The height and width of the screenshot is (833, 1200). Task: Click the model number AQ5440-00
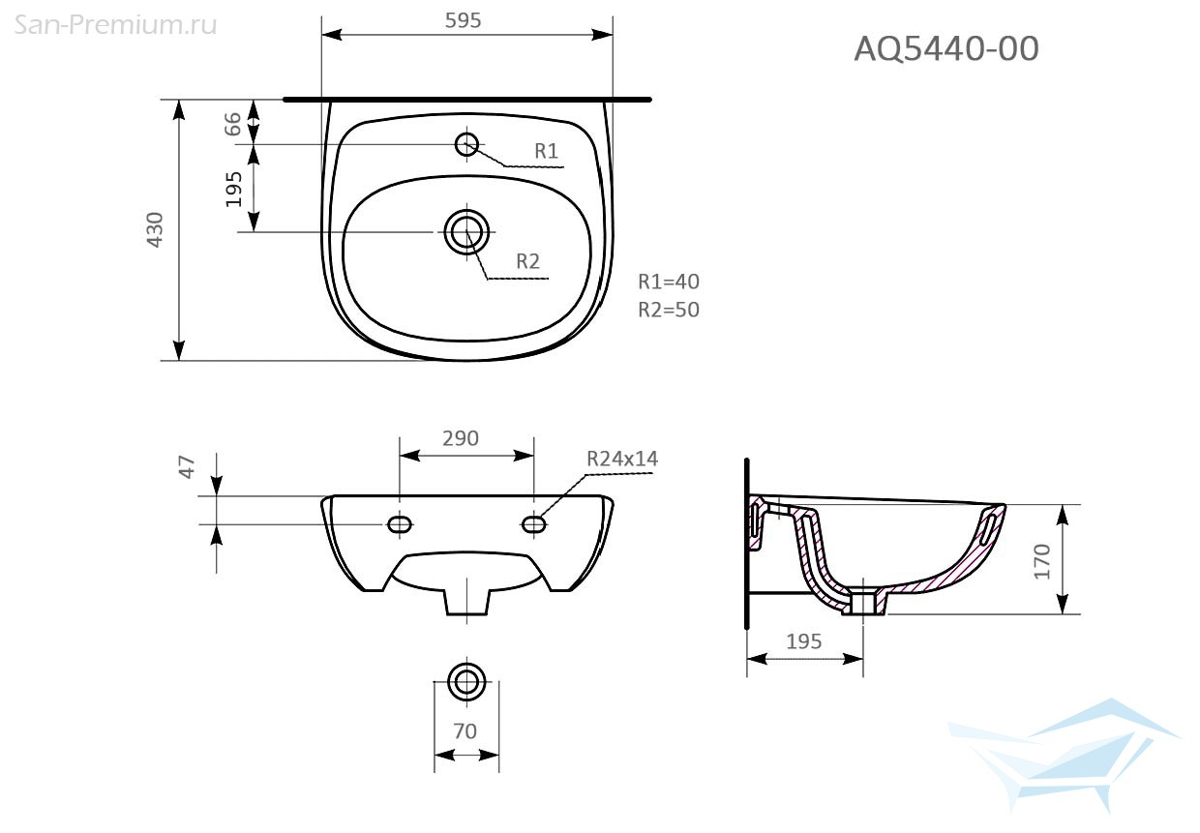pyautogui.click(x=946, y=48)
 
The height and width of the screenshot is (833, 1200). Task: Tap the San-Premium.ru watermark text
pyautogui.click(x=115, y=25)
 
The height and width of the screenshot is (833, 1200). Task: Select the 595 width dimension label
pyautogui.click(x=463, y=20)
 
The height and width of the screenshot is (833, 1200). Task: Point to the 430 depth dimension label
pyautogui.click(x=155, y=230)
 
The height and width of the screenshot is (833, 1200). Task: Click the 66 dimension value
pyautogui.click(x=232, y=124)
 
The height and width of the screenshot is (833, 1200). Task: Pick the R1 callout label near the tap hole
pyautogui.click(x=547, y=151)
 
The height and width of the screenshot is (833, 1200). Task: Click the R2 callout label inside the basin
pyautogui.click(x=527, y=261)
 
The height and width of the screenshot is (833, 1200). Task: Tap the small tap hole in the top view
pyautogui.click(x=466, y=144)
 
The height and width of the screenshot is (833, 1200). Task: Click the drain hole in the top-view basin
pyautogui.click(x=466, y=232)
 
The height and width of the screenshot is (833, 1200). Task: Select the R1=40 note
pyautogui.click(x=669, y=282)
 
